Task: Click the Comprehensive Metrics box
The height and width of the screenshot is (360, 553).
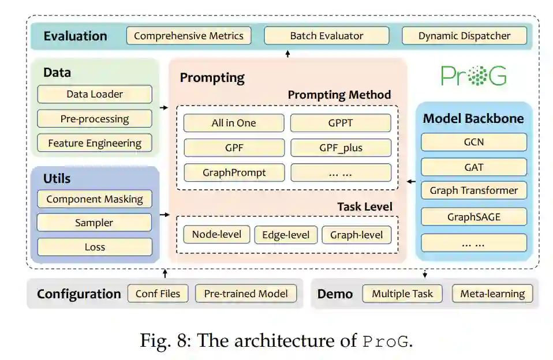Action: click(189, 36)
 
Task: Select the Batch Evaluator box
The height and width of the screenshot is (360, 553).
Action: click(326, 36)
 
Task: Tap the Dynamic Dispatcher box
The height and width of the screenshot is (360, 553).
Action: click(464, 36)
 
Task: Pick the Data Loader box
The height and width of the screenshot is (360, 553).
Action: click(95, 94)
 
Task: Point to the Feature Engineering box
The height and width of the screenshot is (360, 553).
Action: click(95, 143)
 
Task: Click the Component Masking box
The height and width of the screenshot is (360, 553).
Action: click(95, 199)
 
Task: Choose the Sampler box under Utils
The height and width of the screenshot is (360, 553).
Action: click(95, 223)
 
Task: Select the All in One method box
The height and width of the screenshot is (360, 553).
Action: click(234, 123)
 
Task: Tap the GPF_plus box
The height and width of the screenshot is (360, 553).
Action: click(341, 148)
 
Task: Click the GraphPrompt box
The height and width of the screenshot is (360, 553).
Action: click(234, 172)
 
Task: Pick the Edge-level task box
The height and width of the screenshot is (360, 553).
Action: click(286, 235)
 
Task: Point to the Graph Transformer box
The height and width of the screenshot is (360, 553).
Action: click(474, 190)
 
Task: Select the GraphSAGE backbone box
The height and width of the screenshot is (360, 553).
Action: click(474, 217)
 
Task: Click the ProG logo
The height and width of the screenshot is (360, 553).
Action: click(474, 76)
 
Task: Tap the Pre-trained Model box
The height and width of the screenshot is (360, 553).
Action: click(246, 294)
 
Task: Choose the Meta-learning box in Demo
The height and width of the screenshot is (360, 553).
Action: click(492, 294)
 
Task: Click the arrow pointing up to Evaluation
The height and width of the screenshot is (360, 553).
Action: click(287, 54)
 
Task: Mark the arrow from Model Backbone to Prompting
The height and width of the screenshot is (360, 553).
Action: click(410, 182)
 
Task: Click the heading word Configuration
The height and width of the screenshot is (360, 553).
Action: click(79, 294)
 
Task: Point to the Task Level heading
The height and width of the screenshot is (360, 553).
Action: click(364, 207)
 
